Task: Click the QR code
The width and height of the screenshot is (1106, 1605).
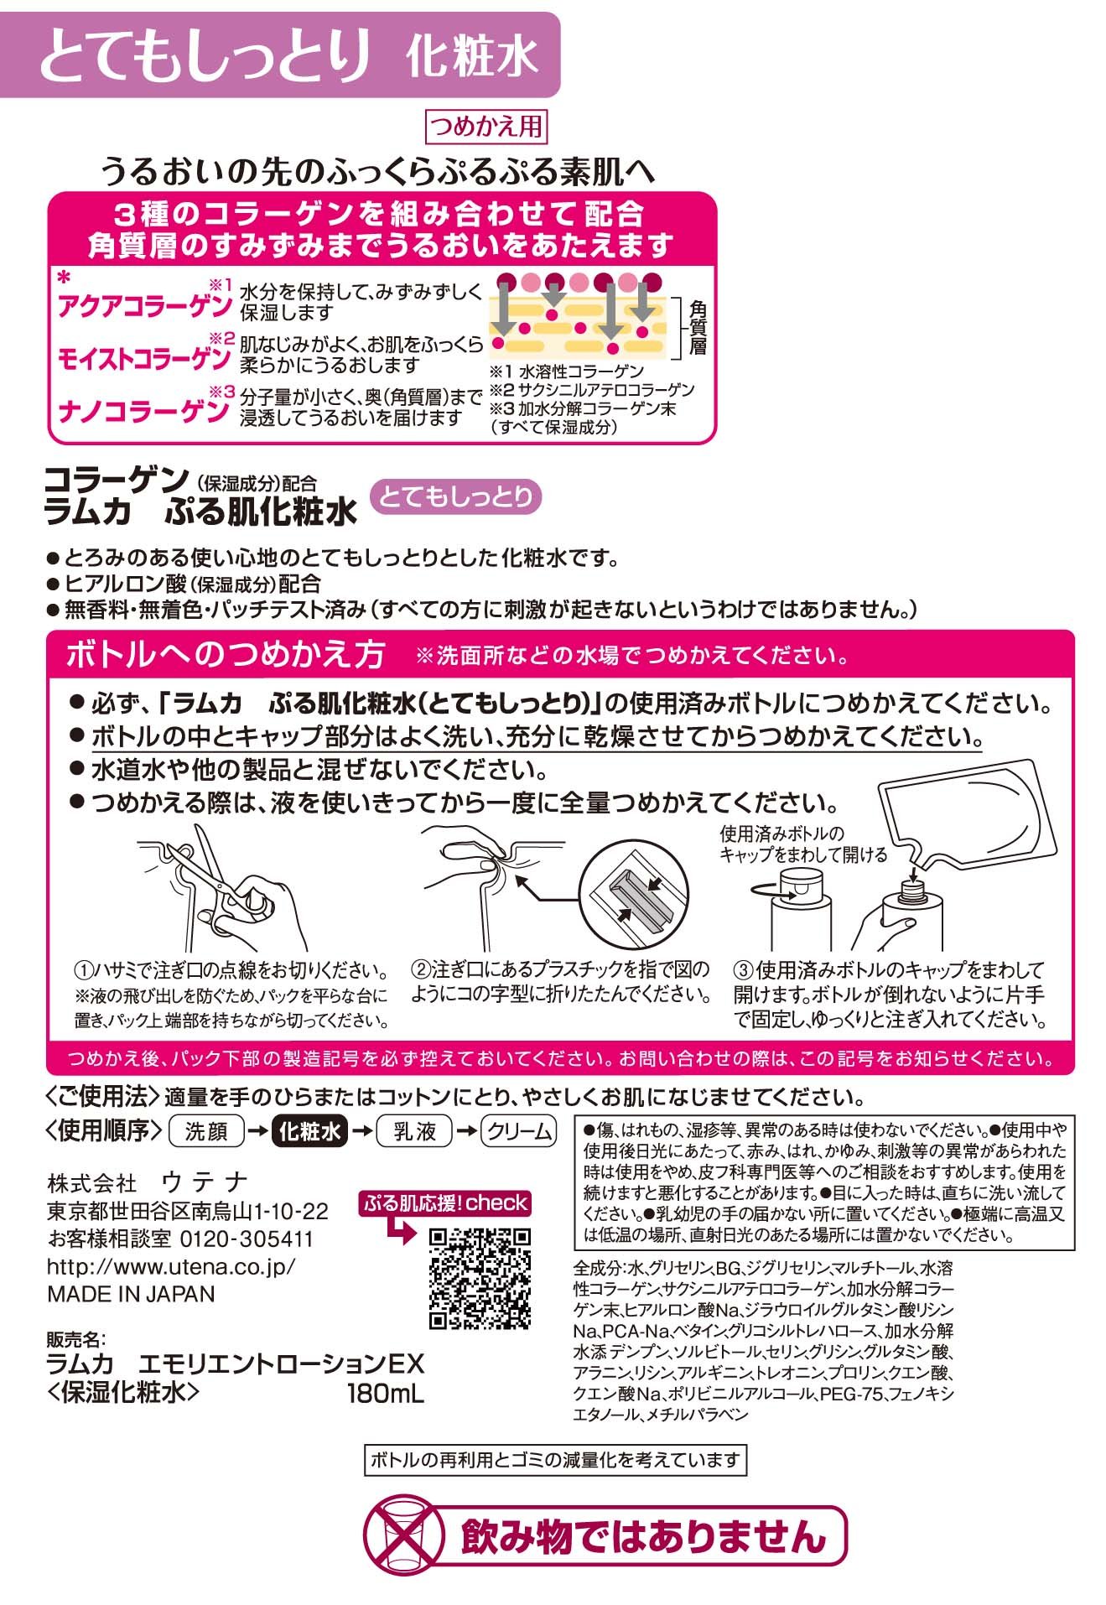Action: (x=480, y=1279)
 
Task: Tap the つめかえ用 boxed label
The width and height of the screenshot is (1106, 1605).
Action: (x=486, y=127)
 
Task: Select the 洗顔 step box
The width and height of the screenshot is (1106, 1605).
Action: (x=206, y=1131)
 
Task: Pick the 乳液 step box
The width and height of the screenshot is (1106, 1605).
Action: (x=414, y=1131)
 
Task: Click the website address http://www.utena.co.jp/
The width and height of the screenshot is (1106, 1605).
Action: (x=172, y=1266)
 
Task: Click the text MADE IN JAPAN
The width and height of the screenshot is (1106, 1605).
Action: (x=131, y=1293)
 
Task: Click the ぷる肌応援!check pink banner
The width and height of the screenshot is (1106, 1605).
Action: (x=445, y=1203)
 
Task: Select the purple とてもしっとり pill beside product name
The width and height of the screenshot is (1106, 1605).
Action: (x=456, y=496)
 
